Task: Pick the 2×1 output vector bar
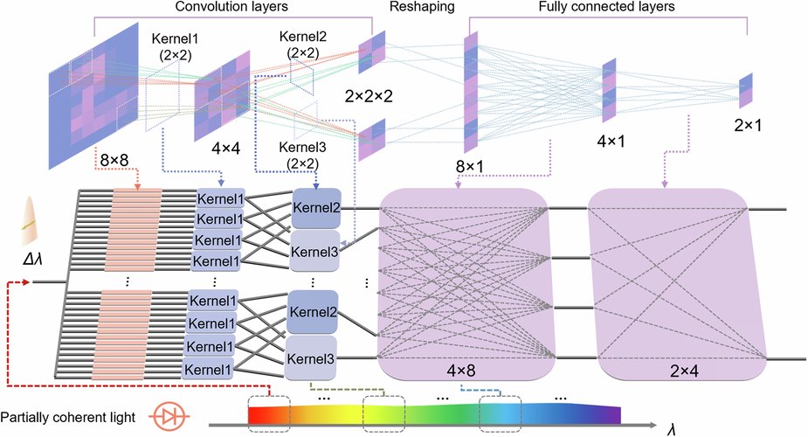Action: (x=745, y=91)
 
